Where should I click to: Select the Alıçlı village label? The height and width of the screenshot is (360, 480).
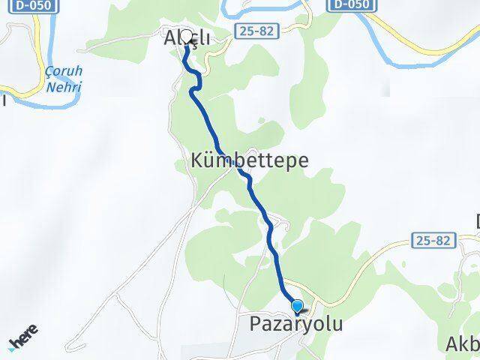pos(187,37)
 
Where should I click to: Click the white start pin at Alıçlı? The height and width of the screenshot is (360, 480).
pos(185,35)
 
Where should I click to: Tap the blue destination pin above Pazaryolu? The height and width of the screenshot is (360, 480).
pos(298,306)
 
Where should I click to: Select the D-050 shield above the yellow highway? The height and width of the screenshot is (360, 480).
pos(350,5)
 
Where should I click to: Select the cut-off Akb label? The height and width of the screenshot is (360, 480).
pos(463,344)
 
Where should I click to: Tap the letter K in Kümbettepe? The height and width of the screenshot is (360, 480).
pos(197,160)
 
